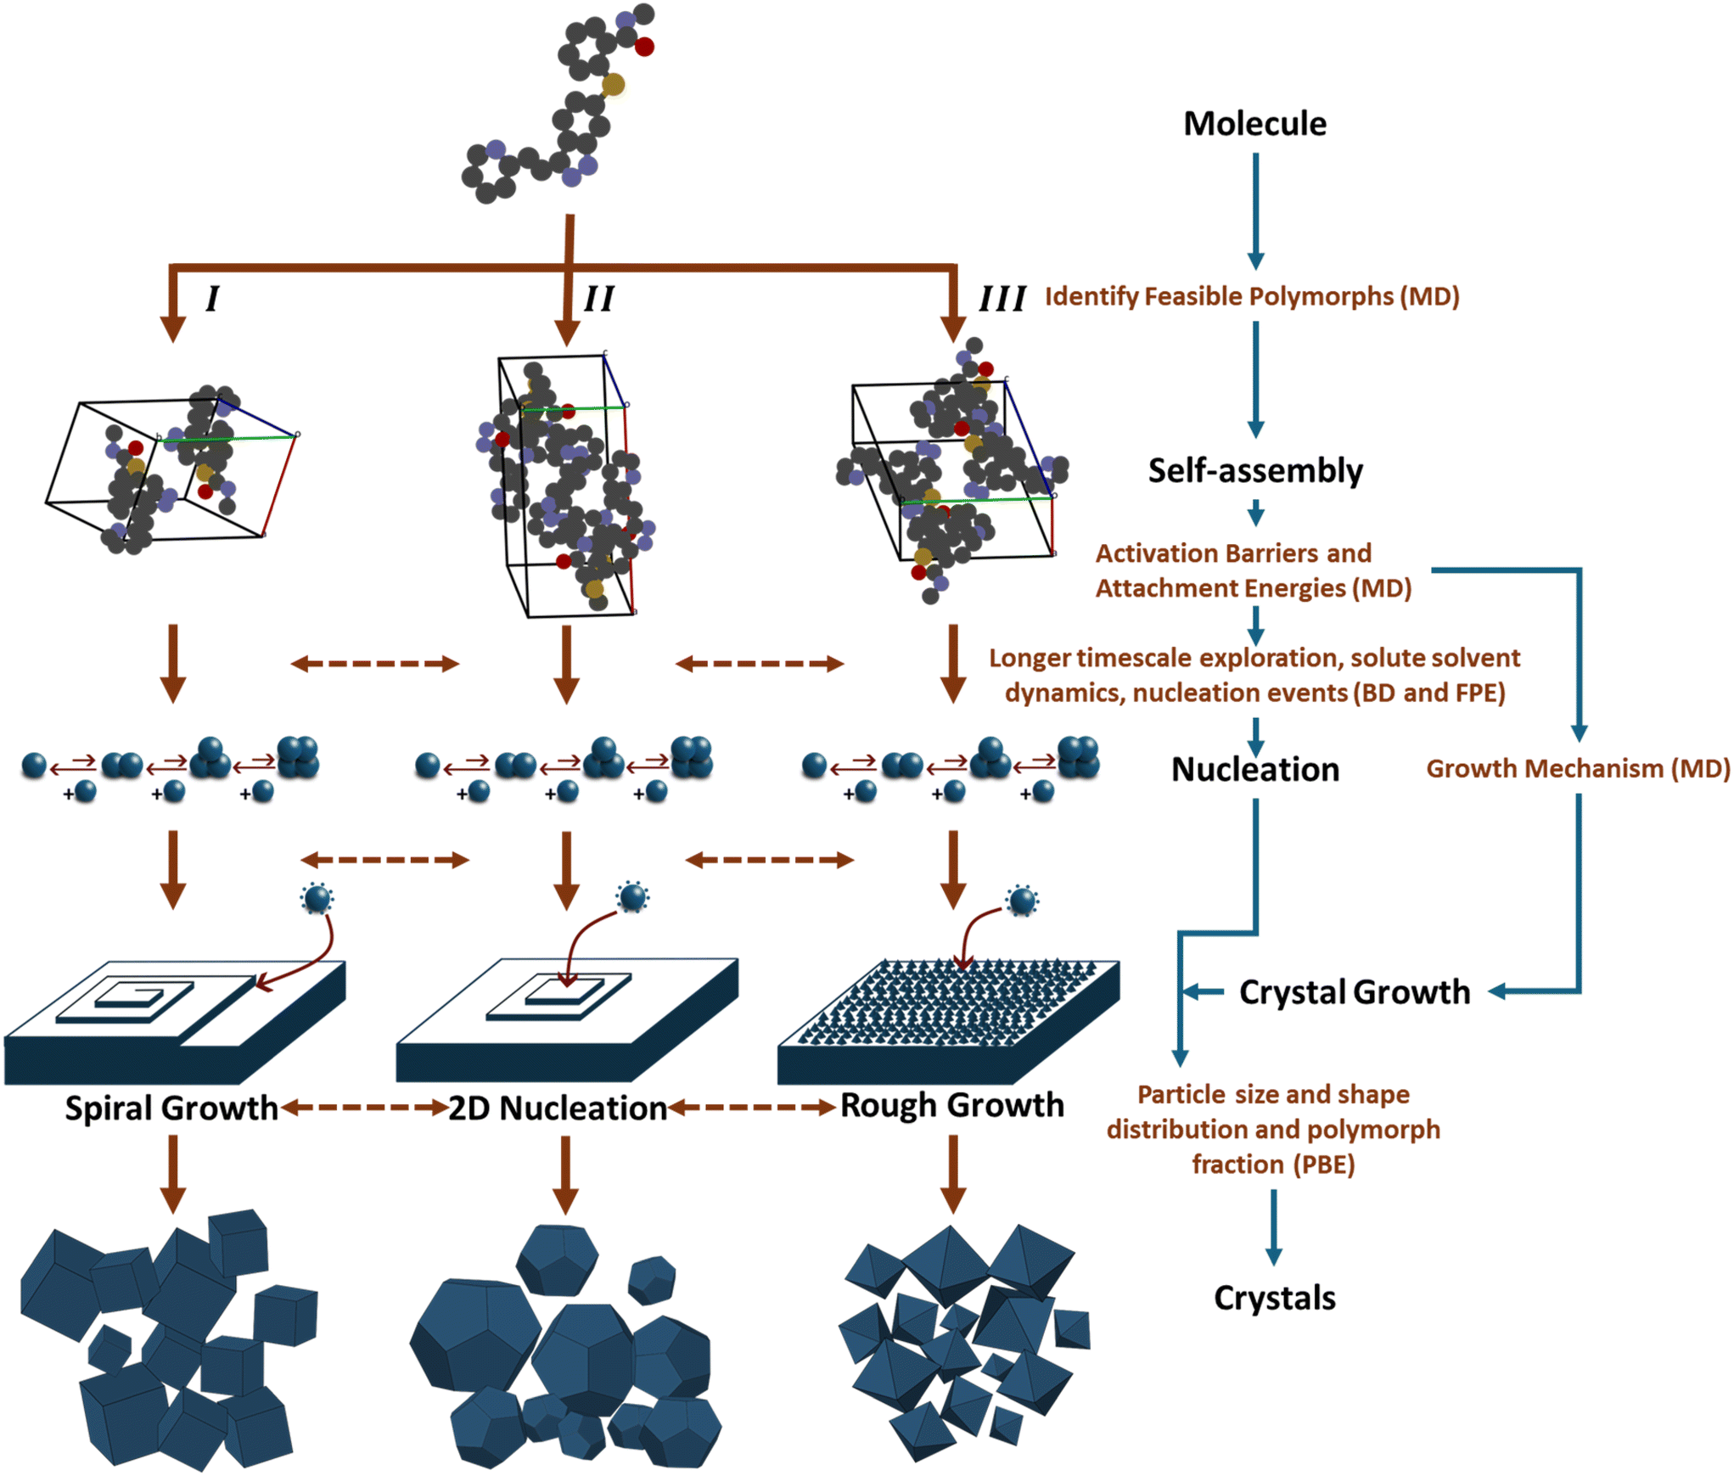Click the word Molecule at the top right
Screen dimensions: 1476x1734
click(x=1254, y=124)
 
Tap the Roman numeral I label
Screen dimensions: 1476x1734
click(x=212, y=299)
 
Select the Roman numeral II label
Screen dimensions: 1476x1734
click(x=598, y=299)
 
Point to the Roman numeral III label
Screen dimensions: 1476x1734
click(x=1002, y=299)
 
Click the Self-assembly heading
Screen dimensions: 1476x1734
click(x=1254, y=470)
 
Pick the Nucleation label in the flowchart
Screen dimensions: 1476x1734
click(x=1254, y=769)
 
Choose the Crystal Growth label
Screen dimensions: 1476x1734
click(x=1354, y=991)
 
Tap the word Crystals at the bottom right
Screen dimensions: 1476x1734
click(x=1274, y=1298)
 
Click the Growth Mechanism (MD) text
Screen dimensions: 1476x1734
click(x=1577, y=768)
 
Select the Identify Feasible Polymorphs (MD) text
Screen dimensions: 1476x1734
click(x=1252, y=296)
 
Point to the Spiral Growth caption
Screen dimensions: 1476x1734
click(x=171, y=1108)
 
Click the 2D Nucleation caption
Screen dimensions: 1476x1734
click(x=558, y=1108)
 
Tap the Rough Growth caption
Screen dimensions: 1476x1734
click(x=951, y=1105)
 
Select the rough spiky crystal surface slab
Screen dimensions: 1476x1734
click(x=948, y=1019)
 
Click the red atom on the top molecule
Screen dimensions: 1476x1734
click(x=644, y=47)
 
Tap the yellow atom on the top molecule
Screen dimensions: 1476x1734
click(x=613, y=84)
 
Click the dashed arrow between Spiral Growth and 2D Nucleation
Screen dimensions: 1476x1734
click(x=365, y=1108)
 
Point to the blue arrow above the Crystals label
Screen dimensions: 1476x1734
click(x=1273, y=1226)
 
